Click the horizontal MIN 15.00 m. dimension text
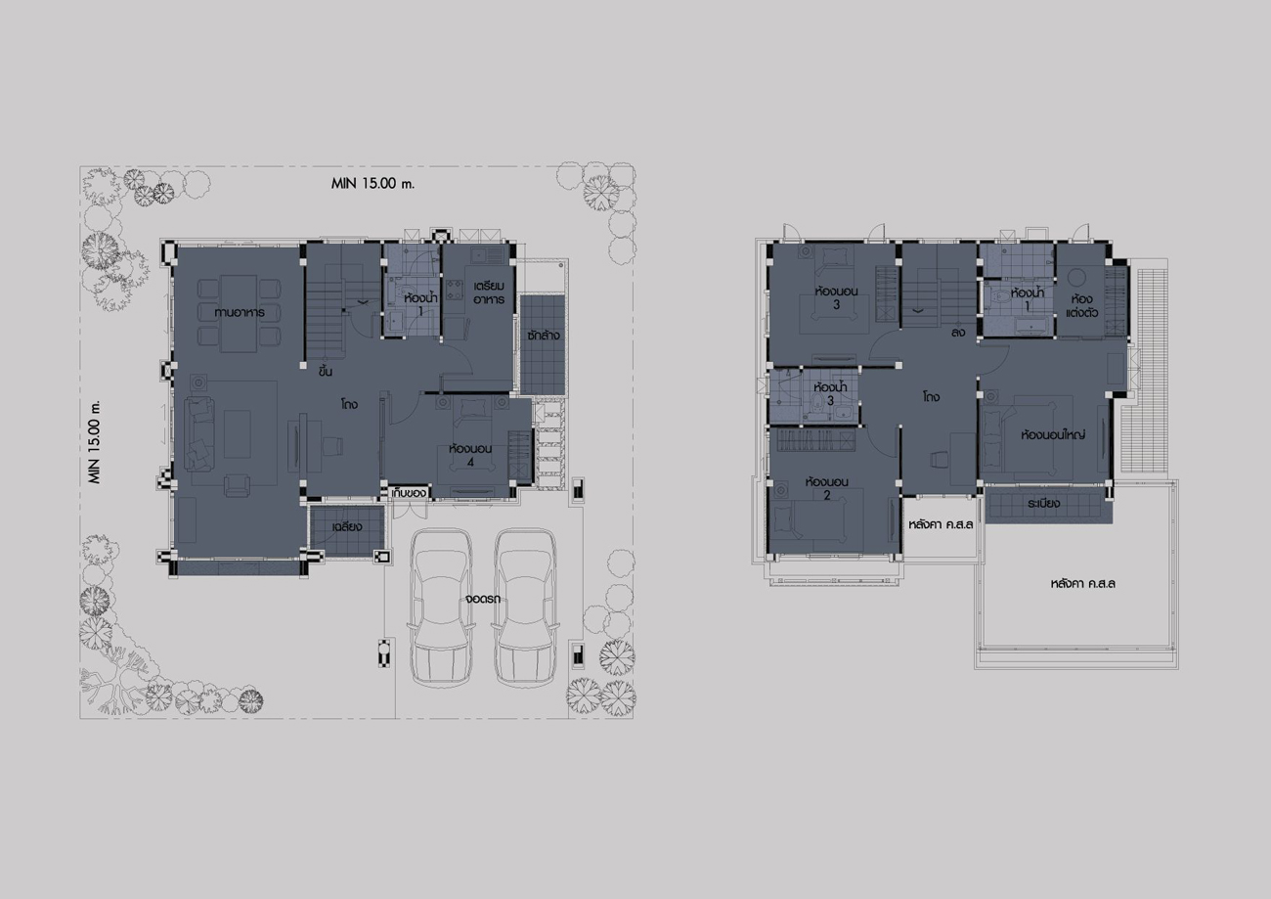click(x=373, y=184)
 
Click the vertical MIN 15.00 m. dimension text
click(x=95, y=442)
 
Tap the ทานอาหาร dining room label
click(x=240, y=312)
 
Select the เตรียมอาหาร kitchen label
click(x=489, y=292)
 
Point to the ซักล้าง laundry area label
click(x=543, y=335)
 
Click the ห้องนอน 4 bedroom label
click(x=470, y=455)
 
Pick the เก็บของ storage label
click(x=409, y=493)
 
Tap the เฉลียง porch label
click(x=347, y=526)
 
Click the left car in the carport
click(x=441, y=607)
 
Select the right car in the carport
click(x=525, y=607)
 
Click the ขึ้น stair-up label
click(x=326, y=371)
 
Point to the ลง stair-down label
click(x=958, y=333)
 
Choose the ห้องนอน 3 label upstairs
click(x=836, y=297)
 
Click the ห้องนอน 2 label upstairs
click(x=827, y=488)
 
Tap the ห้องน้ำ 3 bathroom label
click(x=830, y=393)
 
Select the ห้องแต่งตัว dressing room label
click(x=1082, y=305)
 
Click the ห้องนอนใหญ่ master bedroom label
click(x=1053, y=435)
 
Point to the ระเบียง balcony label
click(x=1043, y=504)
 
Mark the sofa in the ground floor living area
click(x=198, y=434)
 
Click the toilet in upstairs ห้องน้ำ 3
click(x=817, y=404)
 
